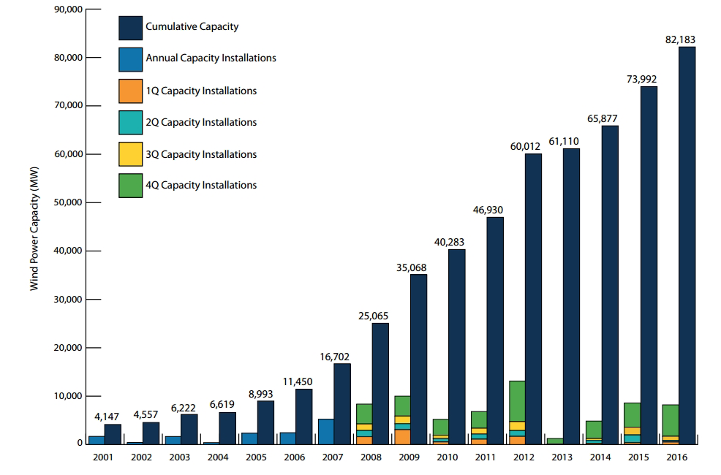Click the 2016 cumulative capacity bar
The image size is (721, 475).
click(x=687, y=245)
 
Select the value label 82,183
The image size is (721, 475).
click(x=681, y=40)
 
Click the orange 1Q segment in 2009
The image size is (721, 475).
click(x=402, y=436)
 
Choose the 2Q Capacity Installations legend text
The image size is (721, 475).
click(x=201, y=122)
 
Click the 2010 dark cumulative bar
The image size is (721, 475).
click(x=456, y=346)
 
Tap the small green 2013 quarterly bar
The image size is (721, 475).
click(x=555, y=441)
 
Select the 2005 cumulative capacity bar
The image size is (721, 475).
click(x=266, y=422)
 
